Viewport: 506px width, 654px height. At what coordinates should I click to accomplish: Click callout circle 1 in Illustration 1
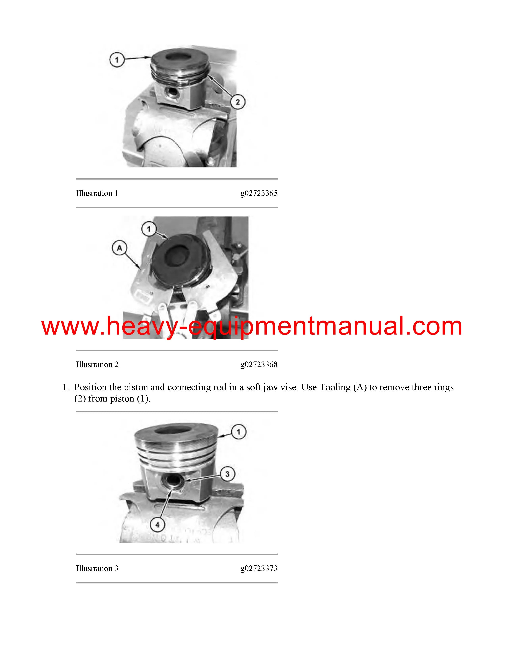tap(117, 60)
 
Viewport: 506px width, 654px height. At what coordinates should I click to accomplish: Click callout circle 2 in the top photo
tap(238, 102)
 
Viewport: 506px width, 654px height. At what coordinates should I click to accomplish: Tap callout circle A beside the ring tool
tap(119, 248)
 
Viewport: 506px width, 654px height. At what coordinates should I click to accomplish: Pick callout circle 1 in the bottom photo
tap(239, 432)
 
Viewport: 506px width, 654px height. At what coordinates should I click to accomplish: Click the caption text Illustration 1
tap(97, 193)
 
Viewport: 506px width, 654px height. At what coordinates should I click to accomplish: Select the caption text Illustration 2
tap(97, 364)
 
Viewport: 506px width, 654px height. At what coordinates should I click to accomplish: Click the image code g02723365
tap(259, 193)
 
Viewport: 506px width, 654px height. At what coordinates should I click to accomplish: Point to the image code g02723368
tap(259, 365)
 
